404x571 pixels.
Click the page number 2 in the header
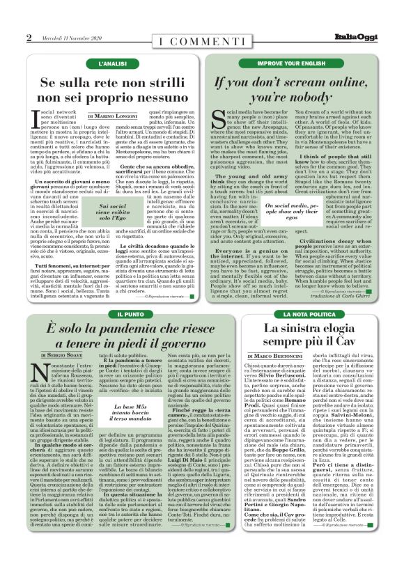click(x=29, y=37)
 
